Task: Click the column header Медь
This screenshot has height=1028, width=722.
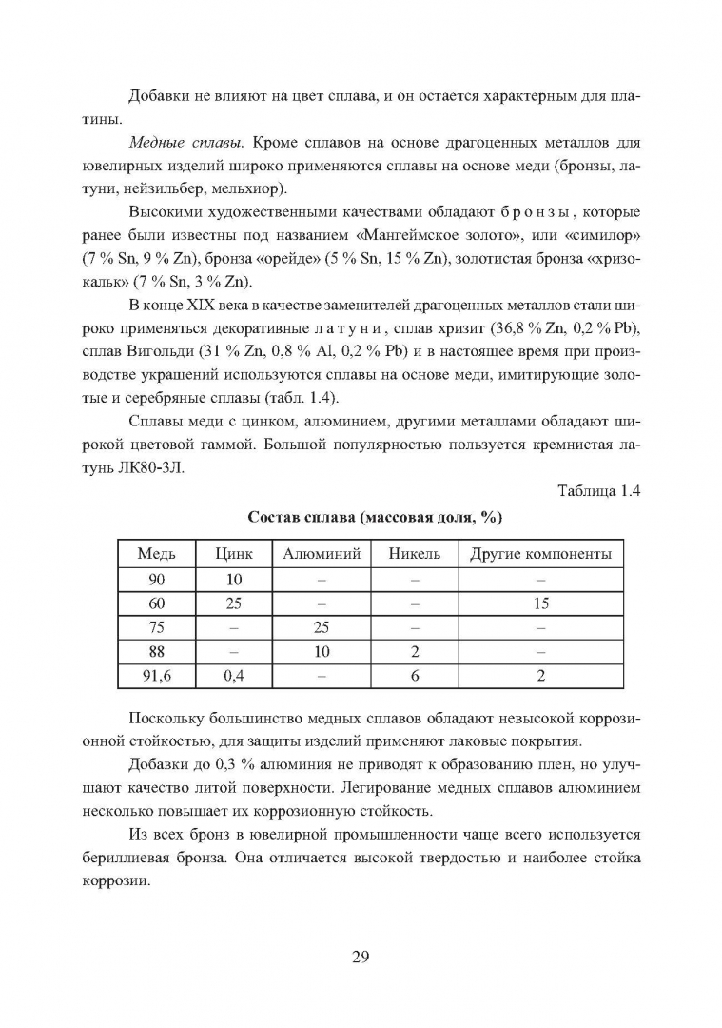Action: pyautogui.click(x=156, y=554)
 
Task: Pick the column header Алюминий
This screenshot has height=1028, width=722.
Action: pyautogui.click(x=322, y=554)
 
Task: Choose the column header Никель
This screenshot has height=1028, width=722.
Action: pyautogui.click(x=414, y=554)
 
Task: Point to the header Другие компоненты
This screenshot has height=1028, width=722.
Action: pyautogui.click(x=540, y=554)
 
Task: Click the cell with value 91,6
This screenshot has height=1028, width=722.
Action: pyautogui.click(x=156, y=677)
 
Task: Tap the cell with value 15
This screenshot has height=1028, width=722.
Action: pyautogui.click(x=540, y=603)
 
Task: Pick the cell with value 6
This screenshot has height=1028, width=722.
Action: pyautogui.click(x=414, y=677)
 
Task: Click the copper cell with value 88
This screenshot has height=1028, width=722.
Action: pyautogui.click(x=156, y=652)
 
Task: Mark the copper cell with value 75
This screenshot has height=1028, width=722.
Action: pyautogui.click(x=156, y=627)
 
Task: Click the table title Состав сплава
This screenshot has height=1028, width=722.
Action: pyautogui.click(x=375, y=518)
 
